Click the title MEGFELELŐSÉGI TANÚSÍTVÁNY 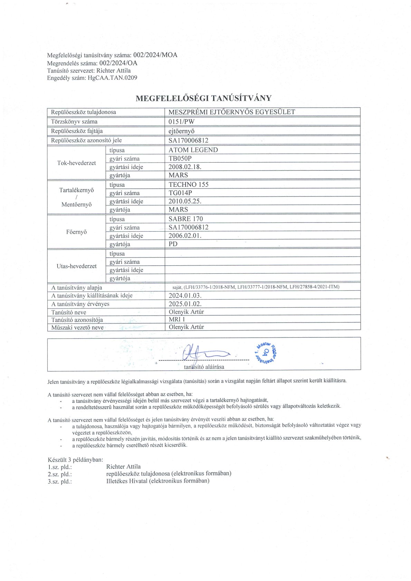pos(203,98)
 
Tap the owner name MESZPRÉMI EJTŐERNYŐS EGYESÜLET pos(231,112)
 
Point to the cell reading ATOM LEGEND pos(193,150)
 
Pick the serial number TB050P pos(180,158)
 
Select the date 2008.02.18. pos(185,167)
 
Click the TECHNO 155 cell pos(188,184)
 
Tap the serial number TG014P pos(180,193)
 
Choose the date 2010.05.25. pos(185,201)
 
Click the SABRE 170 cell pos(185,219)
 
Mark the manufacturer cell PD pos(173,244)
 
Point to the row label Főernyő pos(76,232)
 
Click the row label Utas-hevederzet pos(76,266)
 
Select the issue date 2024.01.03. pos(185,296)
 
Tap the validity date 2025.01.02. pos(185,304)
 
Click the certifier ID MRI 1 pos(177,320)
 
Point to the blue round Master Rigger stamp pos(266,352)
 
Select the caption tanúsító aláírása pos(204,367)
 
